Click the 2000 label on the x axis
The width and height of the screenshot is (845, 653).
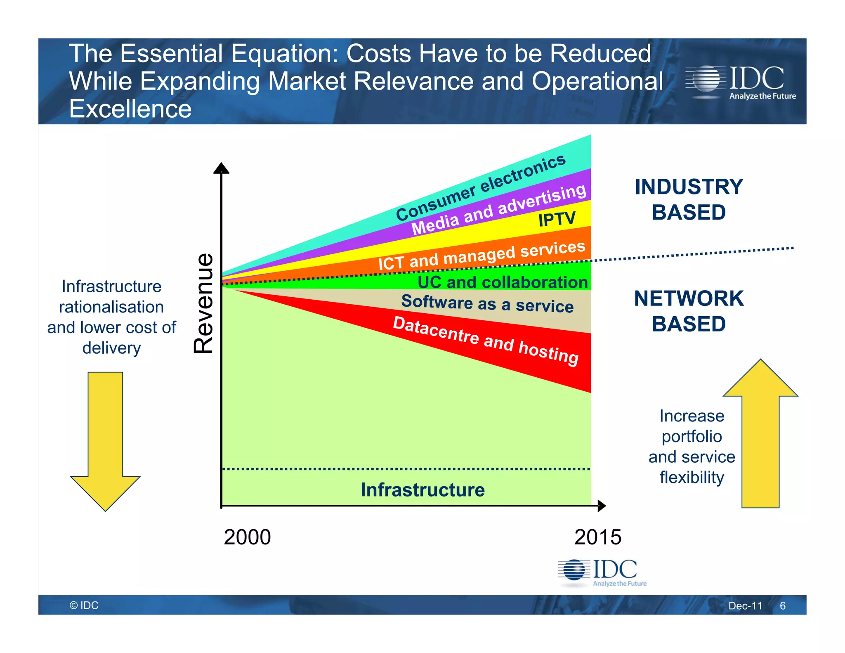(247, 537)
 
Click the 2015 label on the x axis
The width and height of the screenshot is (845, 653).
(597, 537)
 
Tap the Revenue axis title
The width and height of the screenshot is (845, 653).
(203, 303)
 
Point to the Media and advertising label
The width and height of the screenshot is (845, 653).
(498, 209)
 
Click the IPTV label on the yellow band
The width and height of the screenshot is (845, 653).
(557, 219)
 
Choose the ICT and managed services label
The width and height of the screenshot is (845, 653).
(482, 256)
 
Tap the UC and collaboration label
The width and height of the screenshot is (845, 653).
(503, 282)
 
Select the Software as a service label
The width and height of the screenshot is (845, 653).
(487, 304)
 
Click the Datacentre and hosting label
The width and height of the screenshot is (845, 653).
(486, 341)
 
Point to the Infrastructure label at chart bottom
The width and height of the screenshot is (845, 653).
(422, 490)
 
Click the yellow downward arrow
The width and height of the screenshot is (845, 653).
(106, 442)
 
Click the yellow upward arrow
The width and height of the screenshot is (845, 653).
(760, 433)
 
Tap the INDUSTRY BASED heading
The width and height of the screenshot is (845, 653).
(689, 199)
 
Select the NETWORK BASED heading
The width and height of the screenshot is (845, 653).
(689, 311)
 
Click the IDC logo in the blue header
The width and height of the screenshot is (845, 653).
(740, 83)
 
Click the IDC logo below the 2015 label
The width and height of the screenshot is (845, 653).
(602, 573)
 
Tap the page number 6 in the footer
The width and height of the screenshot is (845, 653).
(782, 606)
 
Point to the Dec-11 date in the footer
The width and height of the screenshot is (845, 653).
(745, 606)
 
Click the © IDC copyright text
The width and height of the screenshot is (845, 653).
(84, 605)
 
